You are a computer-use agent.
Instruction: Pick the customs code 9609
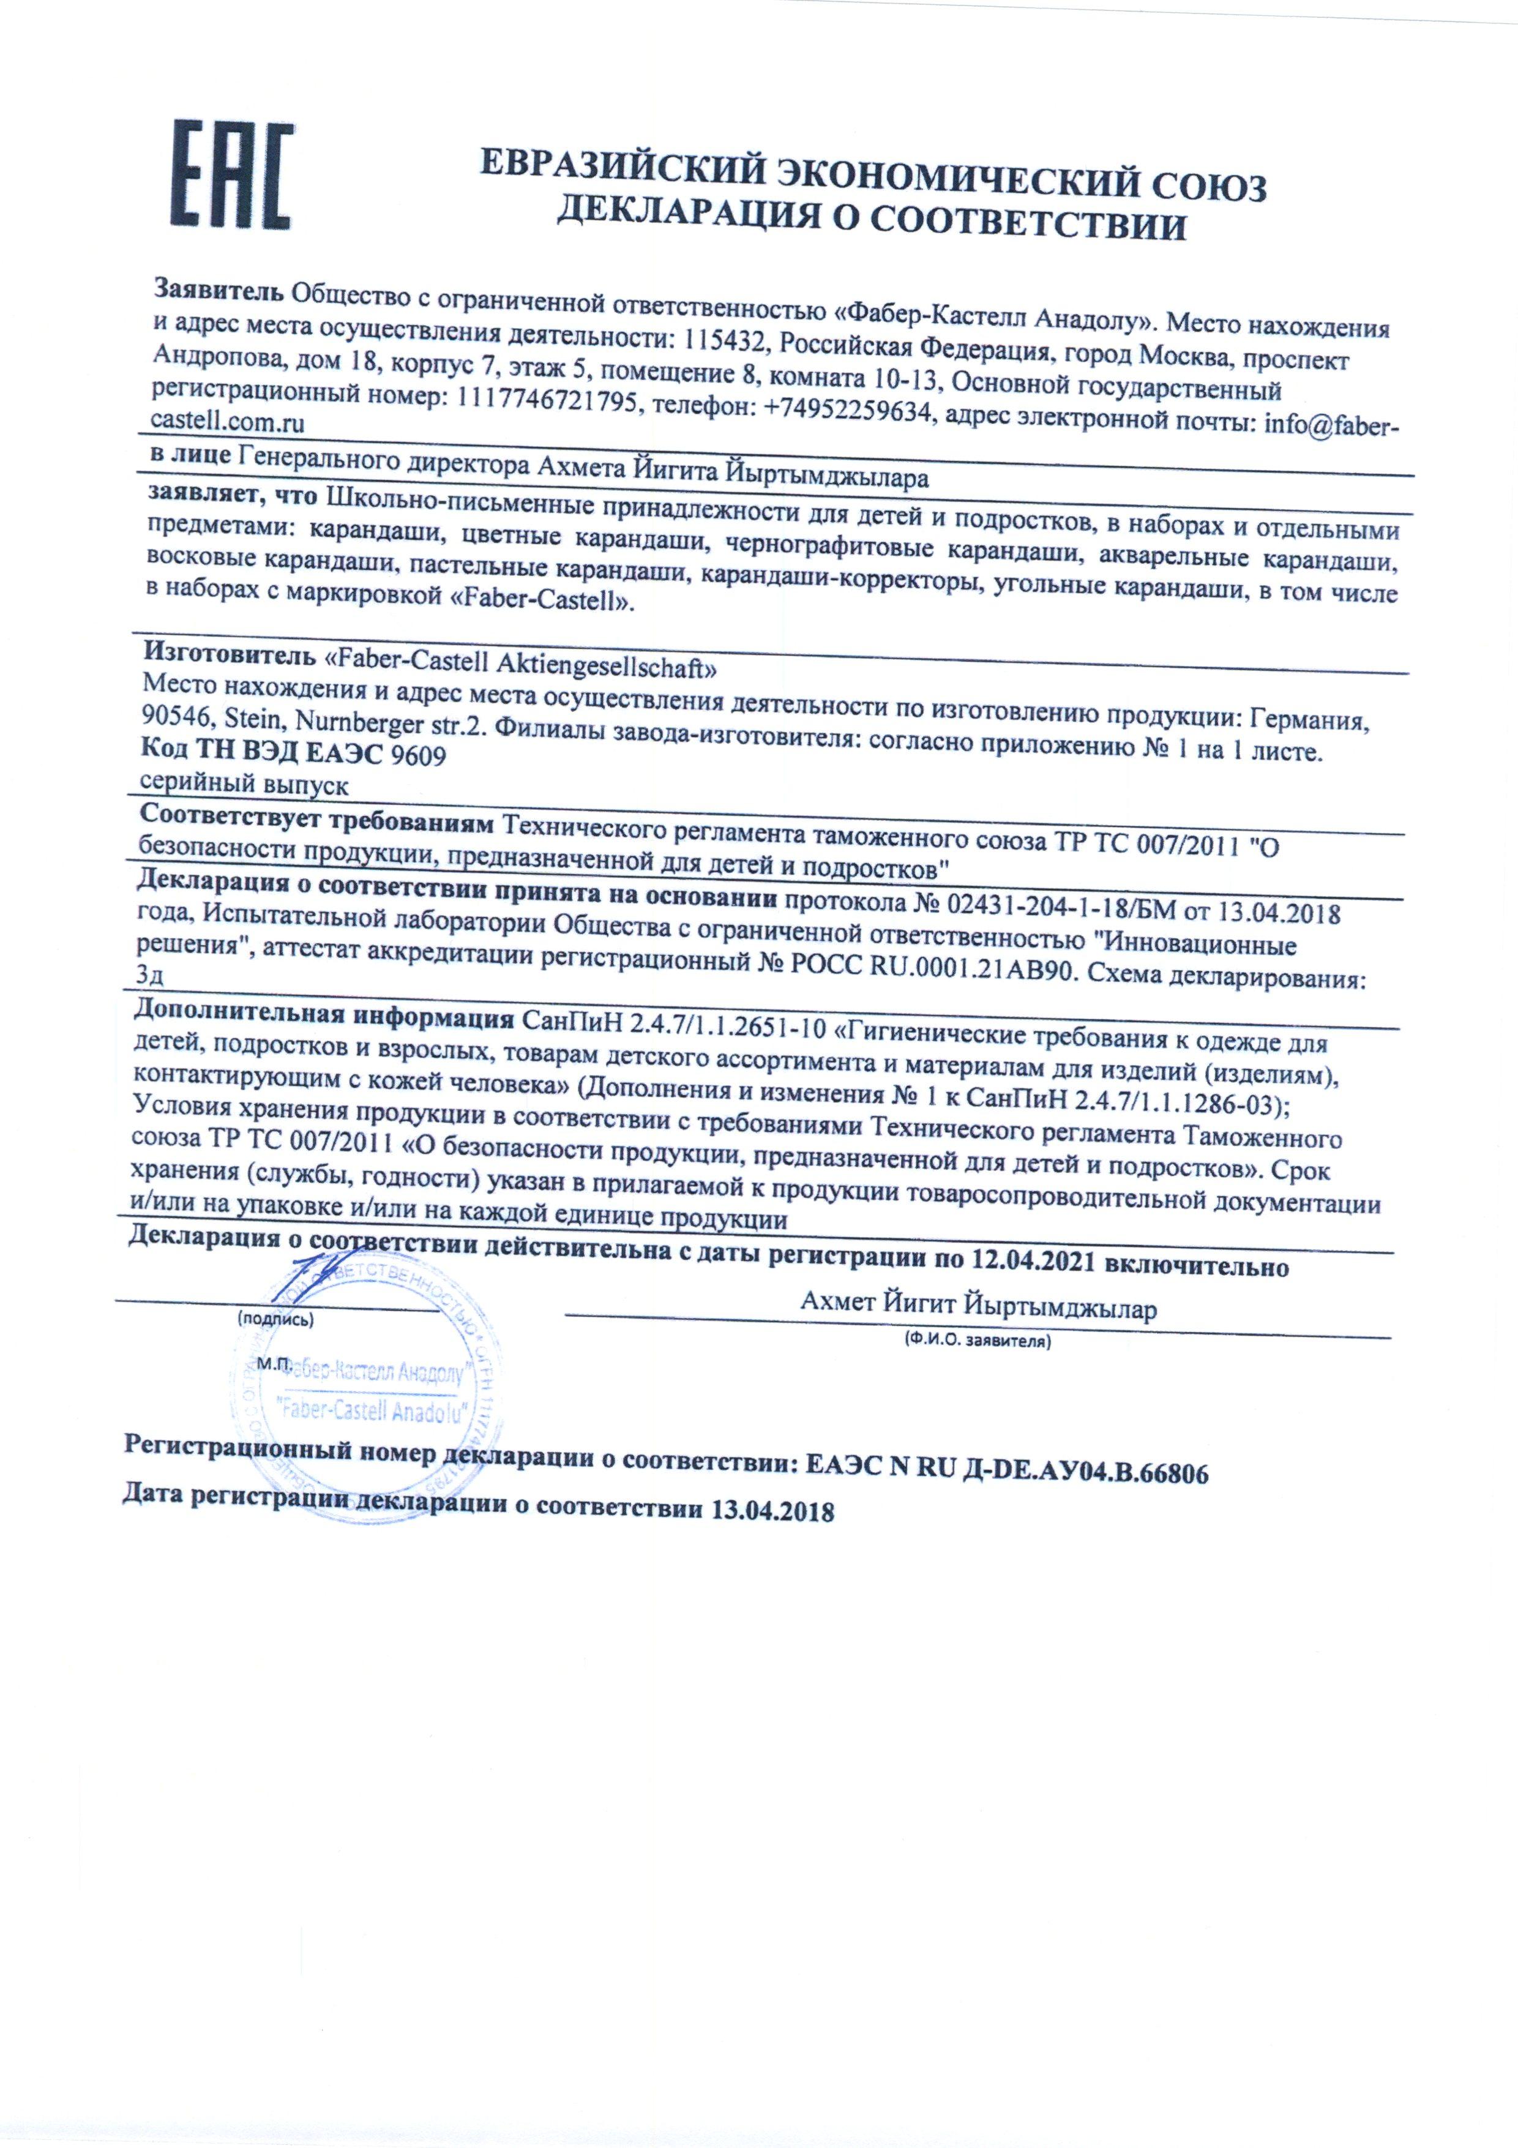418,754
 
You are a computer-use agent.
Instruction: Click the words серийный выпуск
243,784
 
